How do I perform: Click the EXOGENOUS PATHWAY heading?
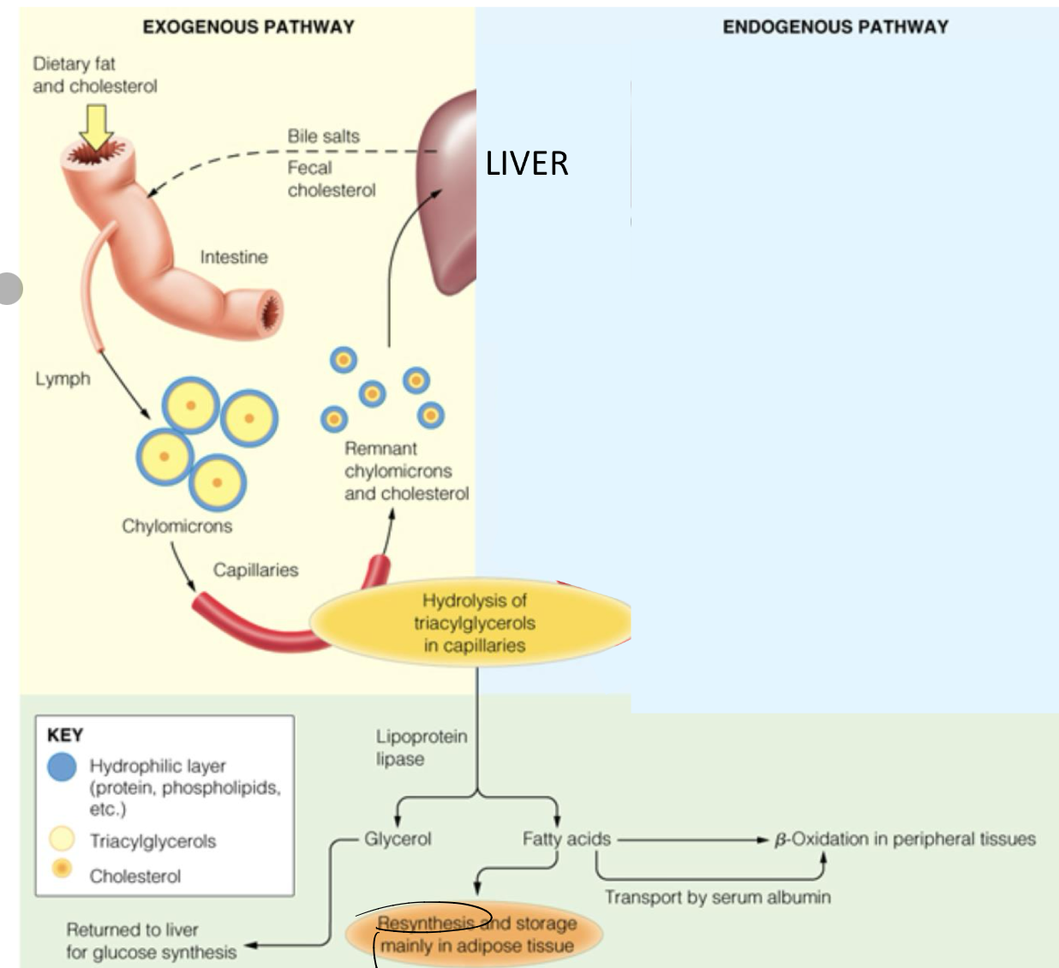(248, 27)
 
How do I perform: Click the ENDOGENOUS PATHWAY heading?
(835, 27)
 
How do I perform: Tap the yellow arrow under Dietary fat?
(97, 127)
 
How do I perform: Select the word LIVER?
(527, 164)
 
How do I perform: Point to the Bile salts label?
(323, 136)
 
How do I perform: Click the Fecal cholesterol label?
(331, 179)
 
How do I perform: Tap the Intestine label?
(234, 257)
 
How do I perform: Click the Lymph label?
(63, 379)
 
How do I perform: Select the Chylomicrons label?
(176, 526)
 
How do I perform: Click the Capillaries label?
(255, 570)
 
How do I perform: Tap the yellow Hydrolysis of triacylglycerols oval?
(474, 624)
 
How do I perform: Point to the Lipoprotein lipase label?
(421, 747)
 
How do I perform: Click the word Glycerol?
(398, 839)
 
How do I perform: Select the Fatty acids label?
(566, 839)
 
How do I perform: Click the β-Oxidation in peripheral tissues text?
(905, 839)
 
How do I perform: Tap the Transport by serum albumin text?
(717, 897)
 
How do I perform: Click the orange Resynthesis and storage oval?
(476, 935)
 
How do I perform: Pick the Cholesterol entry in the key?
(135, 876)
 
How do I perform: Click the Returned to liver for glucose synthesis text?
(151, 941)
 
